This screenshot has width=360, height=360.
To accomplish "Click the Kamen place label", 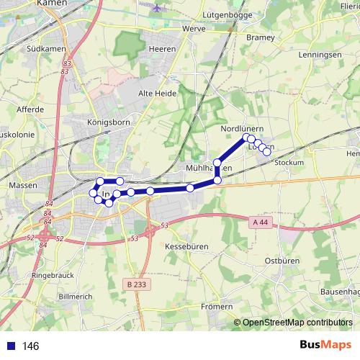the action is [54, 4].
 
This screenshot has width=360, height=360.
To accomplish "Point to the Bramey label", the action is [261, 37].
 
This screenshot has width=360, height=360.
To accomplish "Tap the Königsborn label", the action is [107, 122].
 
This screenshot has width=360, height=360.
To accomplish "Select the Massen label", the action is [19, 185].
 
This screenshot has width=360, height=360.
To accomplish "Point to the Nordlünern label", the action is [238, 128].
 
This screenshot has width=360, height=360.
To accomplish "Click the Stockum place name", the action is [289, 163].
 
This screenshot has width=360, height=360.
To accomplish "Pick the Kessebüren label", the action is [186, 246].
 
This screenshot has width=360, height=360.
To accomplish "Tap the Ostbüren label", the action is [282, 260].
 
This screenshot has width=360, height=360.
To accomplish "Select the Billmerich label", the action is [76, 296].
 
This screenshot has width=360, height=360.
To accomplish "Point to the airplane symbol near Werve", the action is [158, 9].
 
